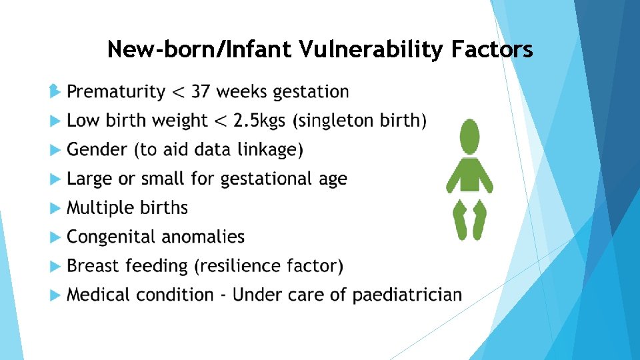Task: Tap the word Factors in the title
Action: pyautogui.click(x=492, y=49)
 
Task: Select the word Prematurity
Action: pyautogui.click(x=116, y=91)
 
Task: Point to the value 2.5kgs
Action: pyautogui.click(x=255, y=121)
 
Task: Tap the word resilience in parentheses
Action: pyautogui.click(x=241, y=266)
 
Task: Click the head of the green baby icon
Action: pyautogui.click(x=470, y=137)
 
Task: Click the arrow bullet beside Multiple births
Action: pyautogui.click(x=55, y=209)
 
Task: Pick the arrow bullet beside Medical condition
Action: pyautogui.click(x=55, y=295)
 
